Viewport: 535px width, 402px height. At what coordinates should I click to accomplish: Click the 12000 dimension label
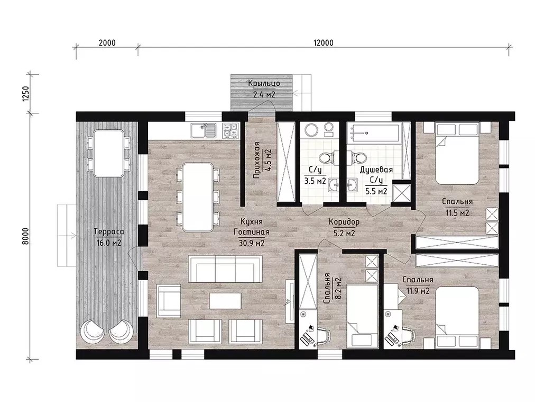click(x=323, y=43)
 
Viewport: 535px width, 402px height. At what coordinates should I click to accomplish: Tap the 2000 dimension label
click(x=107, y=43)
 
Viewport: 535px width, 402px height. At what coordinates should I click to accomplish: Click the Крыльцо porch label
click(x=264, y=84)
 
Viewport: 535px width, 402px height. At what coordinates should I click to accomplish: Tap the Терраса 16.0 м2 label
click(x=109, y=237)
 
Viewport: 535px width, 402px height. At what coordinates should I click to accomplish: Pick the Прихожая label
click(x=256, y=160)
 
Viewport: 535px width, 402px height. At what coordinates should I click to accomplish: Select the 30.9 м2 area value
click(x=252, y=243)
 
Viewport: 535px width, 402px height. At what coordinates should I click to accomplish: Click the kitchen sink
click(x=204, y=131)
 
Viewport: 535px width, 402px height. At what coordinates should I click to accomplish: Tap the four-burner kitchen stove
click(x=230, y=131)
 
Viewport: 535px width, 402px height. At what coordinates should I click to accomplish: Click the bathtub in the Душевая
click(x=374, y=133)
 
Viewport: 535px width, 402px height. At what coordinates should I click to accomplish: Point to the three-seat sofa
click(x=226, y=269)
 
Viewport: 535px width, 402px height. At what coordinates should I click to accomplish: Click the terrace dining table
click(x=109, y=153)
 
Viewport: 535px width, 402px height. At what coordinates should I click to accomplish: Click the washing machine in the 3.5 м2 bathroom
click(x=311, y=130)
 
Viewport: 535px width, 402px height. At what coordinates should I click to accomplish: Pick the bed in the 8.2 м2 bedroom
click(x=362, y=315)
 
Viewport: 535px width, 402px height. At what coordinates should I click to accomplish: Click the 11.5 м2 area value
click(x=457, y=213)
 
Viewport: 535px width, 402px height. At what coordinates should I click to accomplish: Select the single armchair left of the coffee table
click(x=169, y=301)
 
